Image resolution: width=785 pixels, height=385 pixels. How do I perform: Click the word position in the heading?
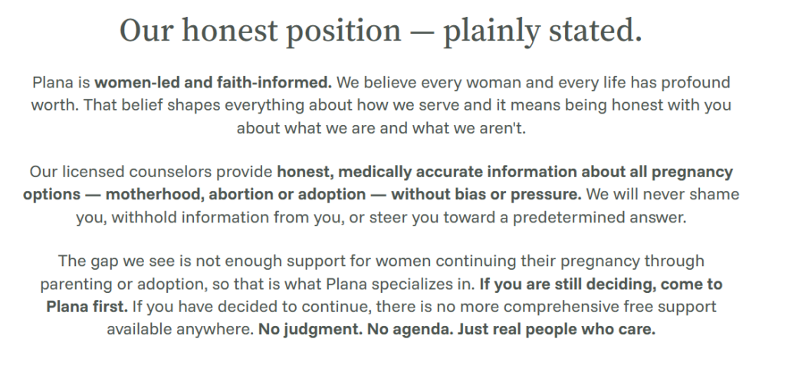pos(343,31)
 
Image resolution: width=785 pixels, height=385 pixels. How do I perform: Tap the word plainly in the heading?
pos(492,31)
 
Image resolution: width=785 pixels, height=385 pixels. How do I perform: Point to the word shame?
pos(714,195)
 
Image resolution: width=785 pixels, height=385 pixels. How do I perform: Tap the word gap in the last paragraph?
pos(101,262)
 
